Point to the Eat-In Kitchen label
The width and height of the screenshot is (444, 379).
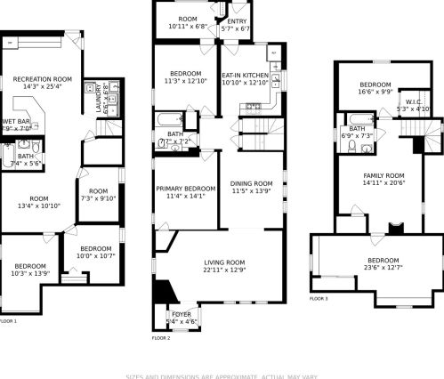(x=245, y=76)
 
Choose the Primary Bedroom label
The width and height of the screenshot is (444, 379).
(x=186, y=189)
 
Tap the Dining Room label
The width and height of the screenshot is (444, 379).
(x=252, y=183)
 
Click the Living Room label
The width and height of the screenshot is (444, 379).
(x=224, y=262)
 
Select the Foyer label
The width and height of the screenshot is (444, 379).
(x=181, y=314)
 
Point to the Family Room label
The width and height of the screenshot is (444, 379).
(x=383, y=175)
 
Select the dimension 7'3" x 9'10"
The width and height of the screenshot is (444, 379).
(x=98, y=198)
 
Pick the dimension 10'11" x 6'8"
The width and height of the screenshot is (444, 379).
(x=188, y=27)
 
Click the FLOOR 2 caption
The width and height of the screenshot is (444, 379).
(x=160, y=338)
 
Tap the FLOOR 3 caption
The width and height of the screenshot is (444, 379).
(x=319, y=299)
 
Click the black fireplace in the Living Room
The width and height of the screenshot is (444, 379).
(x=163, y=292)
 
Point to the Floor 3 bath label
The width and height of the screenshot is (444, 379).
(x=357, y=129)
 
